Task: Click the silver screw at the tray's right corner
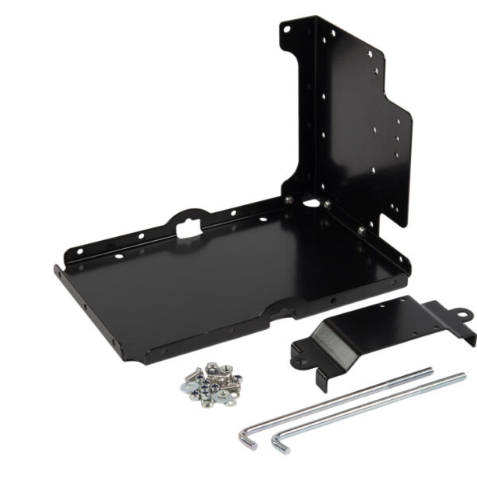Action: click(x=363, y=229)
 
